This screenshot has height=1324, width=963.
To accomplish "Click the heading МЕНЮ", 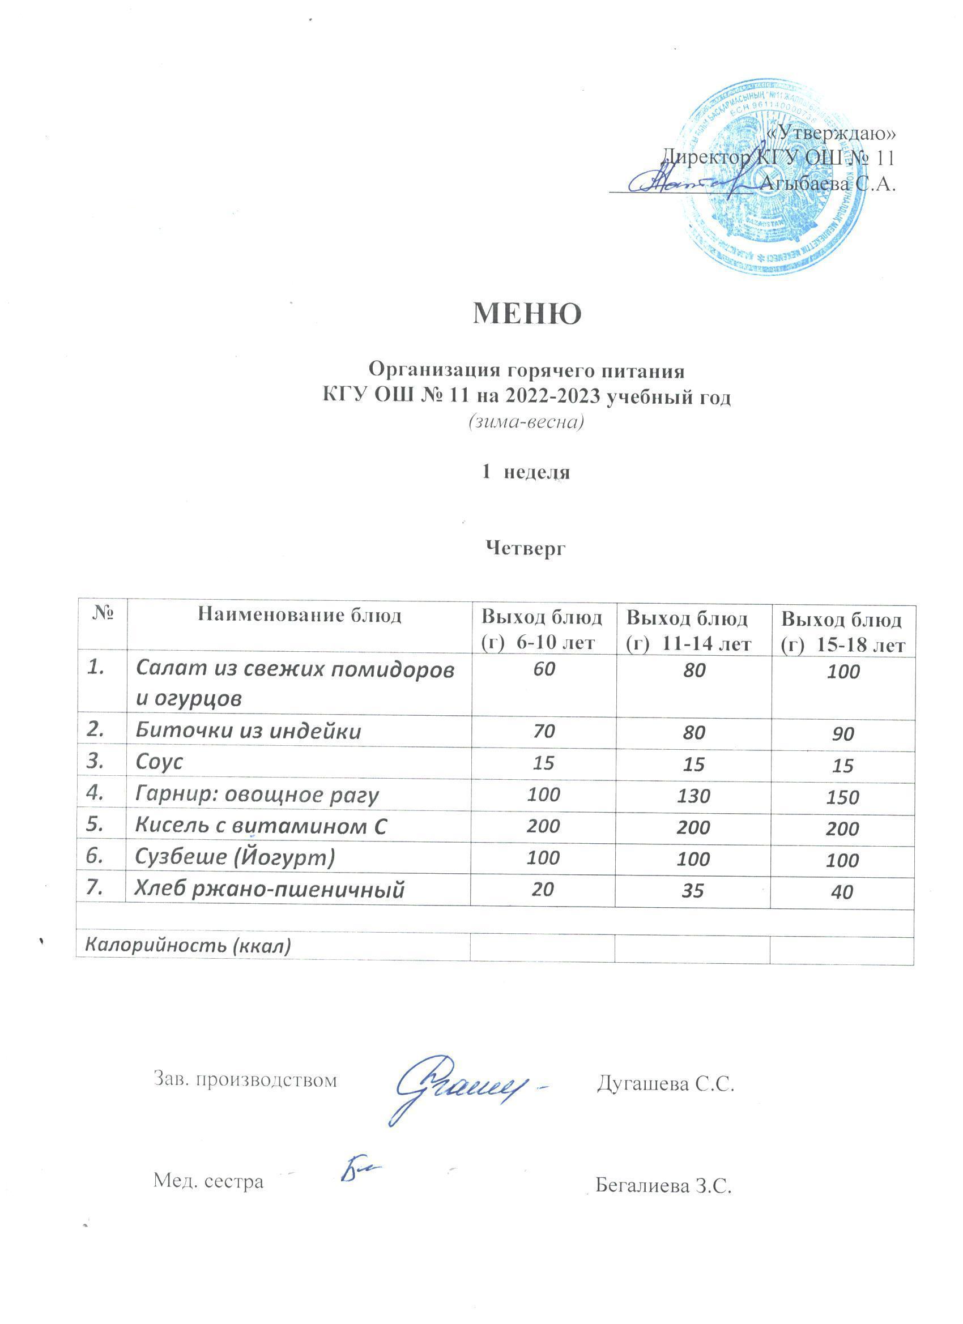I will [x=527, y=314].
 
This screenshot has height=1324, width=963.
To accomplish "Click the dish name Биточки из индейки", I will [x=248, y=732].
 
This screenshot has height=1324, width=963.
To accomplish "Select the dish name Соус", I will [x=159, y=762].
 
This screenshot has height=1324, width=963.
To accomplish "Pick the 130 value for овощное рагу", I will [x=693, y=795].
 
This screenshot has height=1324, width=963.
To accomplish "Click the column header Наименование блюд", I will [x=300, y=616].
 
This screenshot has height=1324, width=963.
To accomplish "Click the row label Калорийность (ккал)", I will [x=188, y=945].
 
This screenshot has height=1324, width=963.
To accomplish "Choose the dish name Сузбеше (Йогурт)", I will [x=235, y=856].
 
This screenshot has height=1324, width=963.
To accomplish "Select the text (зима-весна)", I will [x=526, y=422].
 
